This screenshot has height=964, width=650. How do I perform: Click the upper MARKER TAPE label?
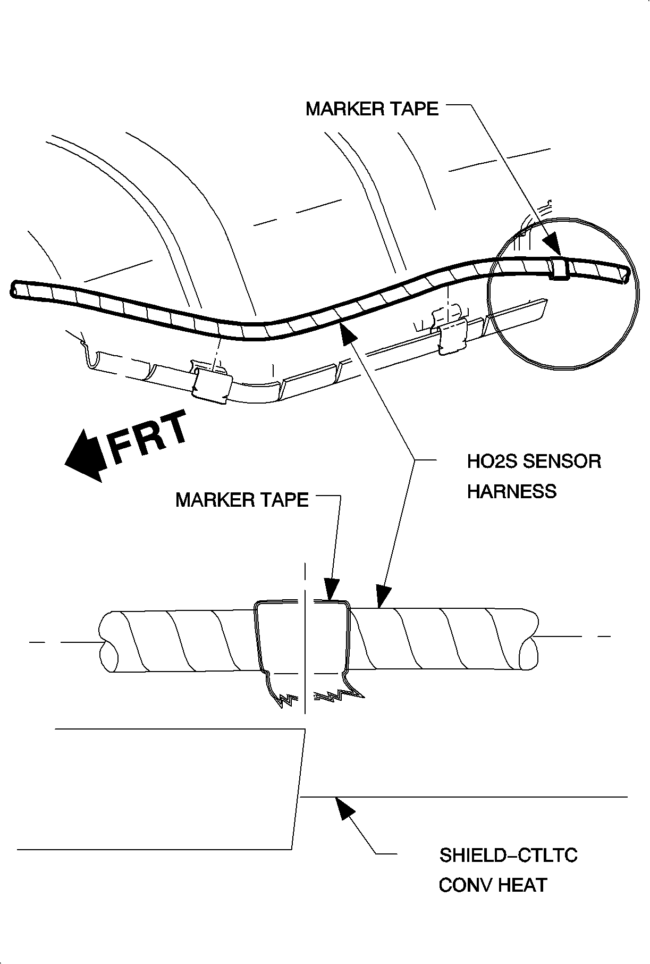tap(372, 109)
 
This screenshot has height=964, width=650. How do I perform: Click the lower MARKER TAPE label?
tap(242, 500)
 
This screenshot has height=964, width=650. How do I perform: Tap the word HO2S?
tap(491, 461)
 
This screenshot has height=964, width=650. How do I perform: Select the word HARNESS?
tap(511, 491)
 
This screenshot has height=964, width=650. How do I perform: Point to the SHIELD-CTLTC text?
tap(508, 855)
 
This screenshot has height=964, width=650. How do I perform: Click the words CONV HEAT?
tap(493, 885)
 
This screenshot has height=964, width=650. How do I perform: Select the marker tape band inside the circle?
tap(560, 268)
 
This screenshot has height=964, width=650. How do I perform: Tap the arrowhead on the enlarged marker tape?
tap(331, 591)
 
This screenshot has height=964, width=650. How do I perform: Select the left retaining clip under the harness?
tap(212, 384)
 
